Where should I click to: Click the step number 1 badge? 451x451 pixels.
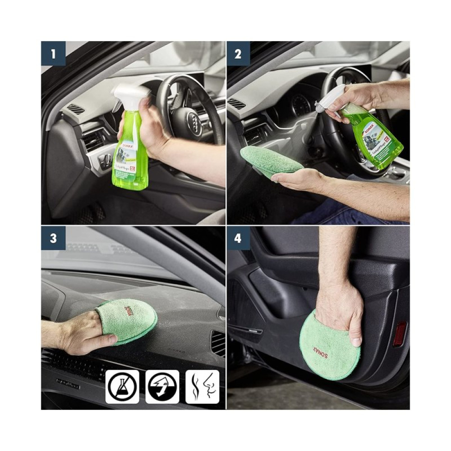(x=53, y=54)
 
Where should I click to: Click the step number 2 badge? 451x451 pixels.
(x=238, y=54)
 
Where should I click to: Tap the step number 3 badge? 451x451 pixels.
(x=53, y=238)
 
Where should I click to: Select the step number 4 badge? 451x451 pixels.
(x=238, y=238)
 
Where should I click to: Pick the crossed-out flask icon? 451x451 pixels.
(x=122, y=387)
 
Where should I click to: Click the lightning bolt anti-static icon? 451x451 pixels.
(x=162, y=387)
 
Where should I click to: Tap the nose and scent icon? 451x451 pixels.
(x=202, y=387)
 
